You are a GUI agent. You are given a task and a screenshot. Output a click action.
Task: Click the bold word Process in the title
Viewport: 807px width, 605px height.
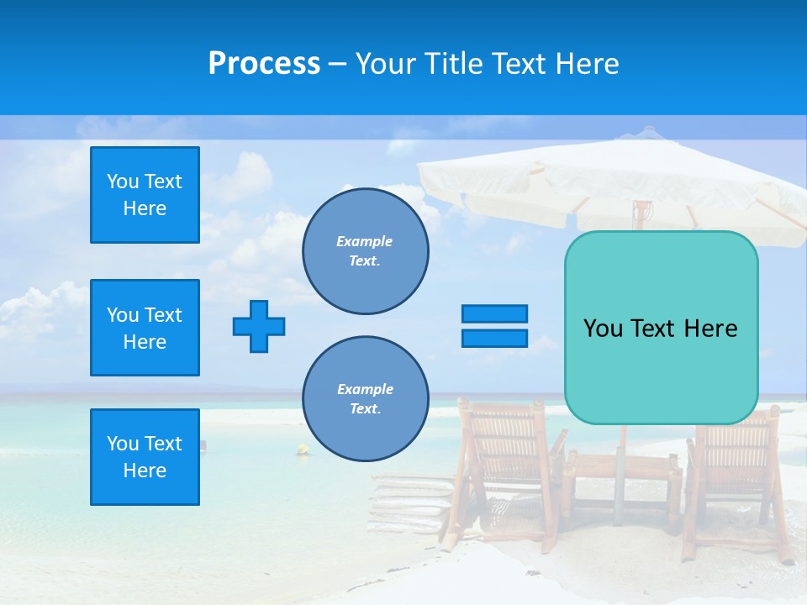point(264,64)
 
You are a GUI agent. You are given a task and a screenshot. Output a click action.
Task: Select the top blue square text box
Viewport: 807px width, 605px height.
point(145,195)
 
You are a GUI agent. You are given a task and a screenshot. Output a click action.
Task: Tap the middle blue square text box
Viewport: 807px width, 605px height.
point(145,328)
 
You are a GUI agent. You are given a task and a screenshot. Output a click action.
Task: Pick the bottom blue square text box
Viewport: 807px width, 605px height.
point(145,457)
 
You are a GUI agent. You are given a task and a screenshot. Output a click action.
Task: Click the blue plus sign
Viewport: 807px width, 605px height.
point(259,326)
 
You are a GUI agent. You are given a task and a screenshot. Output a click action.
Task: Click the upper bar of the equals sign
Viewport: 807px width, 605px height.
point(494,313)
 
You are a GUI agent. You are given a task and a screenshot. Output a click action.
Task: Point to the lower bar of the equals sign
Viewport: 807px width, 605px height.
point(494,338)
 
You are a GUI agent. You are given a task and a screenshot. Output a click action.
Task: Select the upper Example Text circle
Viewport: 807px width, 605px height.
point(365,251)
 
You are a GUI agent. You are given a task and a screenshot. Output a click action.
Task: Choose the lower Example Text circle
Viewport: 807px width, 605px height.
point(365,399)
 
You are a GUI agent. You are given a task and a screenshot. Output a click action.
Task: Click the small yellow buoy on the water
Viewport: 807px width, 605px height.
point(302,450)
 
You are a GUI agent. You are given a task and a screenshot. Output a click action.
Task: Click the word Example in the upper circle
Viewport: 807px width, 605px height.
point(364,241)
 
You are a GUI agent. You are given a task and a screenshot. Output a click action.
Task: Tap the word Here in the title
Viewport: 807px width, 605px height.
point(587,64)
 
